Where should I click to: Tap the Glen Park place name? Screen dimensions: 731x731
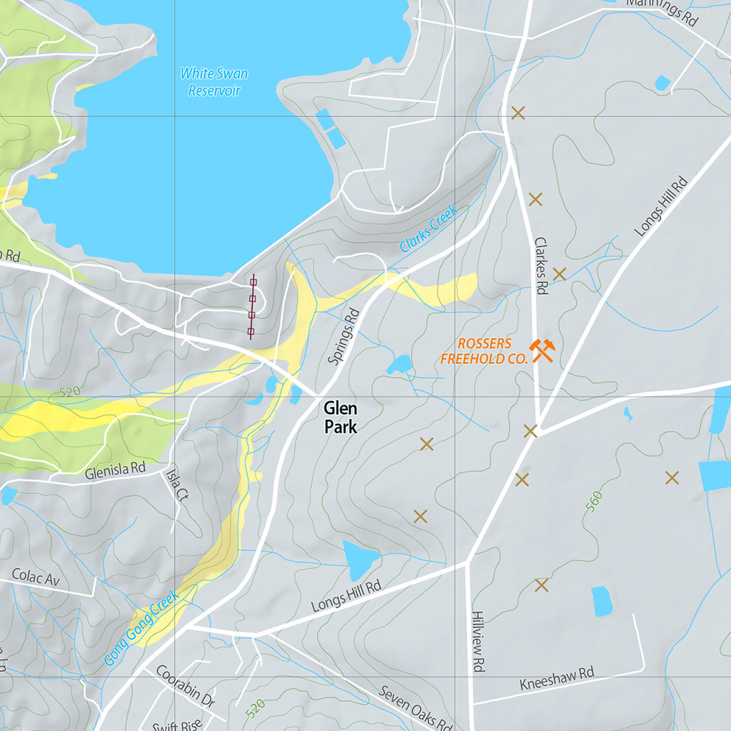340,418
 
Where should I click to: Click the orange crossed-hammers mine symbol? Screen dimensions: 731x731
543,351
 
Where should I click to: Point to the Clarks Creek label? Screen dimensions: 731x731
428,229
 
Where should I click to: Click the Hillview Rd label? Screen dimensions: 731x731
478,640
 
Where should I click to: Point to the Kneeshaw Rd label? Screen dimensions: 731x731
557,679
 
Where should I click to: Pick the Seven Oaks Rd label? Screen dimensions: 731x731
415,707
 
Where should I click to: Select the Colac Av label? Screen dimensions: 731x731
35,578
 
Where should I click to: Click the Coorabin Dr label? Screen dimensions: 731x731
185,686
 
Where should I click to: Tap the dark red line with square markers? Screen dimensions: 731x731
252,307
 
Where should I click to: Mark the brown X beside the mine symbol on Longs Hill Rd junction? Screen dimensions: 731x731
530,430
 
